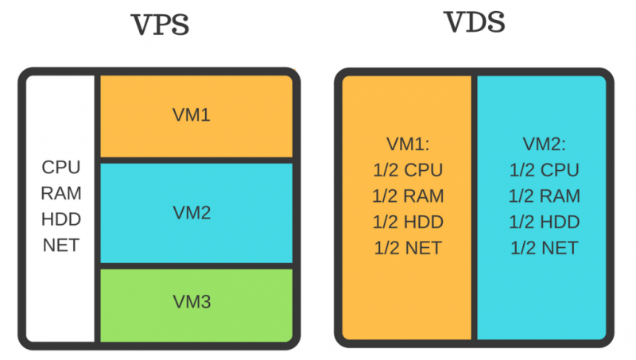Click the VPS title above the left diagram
160,25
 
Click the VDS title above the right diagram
475,22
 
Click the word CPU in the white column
61,168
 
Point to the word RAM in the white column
61,193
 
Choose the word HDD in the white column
61,219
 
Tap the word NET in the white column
61,244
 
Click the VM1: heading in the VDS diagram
407,145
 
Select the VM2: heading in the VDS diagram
544,145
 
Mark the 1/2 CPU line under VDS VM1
408,170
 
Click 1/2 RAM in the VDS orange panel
408,195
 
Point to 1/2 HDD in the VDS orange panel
408,222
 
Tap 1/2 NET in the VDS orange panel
408,248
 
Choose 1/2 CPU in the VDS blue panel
544,170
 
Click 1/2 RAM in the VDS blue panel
544,195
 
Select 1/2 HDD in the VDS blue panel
544,222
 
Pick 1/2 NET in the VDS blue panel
544,248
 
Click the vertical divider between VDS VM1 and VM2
474,207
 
